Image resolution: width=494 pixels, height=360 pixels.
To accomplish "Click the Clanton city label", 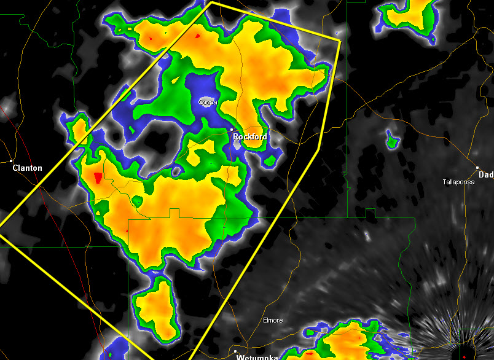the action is pyautogui.click(x=28, y=168).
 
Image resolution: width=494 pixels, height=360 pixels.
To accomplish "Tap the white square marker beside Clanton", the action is pyautogui.click(x=12, y=161).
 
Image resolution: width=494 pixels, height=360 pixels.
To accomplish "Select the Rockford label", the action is pyautogui.click(x=250, y=137).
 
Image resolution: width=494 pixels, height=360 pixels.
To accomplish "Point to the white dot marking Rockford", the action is pyautogui.click(x=232, y=130).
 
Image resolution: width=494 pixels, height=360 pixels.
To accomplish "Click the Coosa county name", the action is pyautogui.click(x=208, y=103).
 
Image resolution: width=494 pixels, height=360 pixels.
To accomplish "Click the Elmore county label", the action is pyautogui.click(x=273, y=321).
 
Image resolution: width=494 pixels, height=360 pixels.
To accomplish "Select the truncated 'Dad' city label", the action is pyautogui.click(x=485, y=174).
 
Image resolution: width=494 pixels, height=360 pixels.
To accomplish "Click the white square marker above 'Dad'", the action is pyautogui.click(x=477, y=167).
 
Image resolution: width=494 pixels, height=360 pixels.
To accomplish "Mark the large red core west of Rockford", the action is pyautogui.click(x=97, y=179).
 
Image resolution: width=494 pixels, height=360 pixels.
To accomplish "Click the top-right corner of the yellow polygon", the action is pyautogui.click(x=340, y=41).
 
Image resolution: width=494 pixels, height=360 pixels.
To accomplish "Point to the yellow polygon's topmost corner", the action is pyautogui.click(x=211, y=2).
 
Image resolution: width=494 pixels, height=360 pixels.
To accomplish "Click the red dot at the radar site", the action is pyautogui.click(x=465, y=357).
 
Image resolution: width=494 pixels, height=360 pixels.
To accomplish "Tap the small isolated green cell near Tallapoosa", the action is pyautogui.click(x=391, y=141).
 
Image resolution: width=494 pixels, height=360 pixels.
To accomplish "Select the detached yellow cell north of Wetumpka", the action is pyautogui.click(x=155, y=307).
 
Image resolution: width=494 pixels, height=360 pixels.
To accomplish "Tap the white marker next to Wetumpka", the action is pyautogui.click(x=236, y=352).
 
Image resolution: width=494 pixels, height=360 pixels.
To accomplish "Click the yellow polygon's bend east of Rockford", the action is pyautogui.click(x=320, y=148).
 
